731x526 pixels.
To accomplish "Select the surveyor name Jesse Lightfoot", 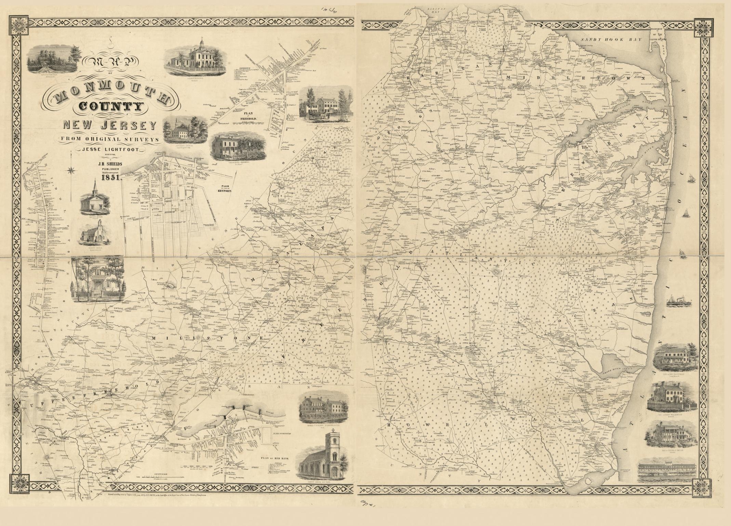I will pos(109,149).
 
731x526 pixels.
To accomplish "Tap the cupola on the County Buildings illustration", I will pos(202,43).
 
